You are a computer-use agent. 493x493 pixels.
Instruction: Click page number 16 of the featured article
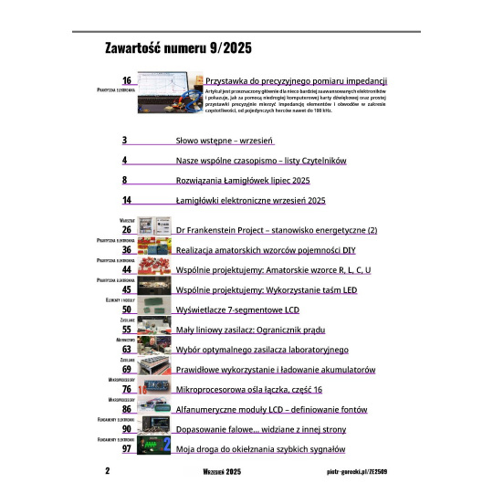point(127,81)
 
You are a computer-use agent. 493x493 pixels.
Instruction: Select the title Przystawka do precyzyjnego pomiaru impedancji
point(298,81)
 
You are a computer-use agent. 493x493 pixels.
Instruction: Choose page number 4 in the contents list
point(125,161)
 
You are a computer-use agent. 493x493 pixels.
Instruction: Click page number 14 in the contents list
point(127,199)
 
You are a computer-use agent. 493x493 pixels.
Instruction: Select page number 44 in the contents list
point(127,269)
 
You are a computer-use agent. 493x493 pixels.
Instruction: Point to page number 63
point(127,349)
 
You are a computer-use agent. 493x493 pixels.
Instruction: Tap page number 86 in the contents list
point(127,410)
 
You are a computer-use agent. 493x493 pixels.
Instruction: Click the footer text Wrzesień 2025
point(222,472)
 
